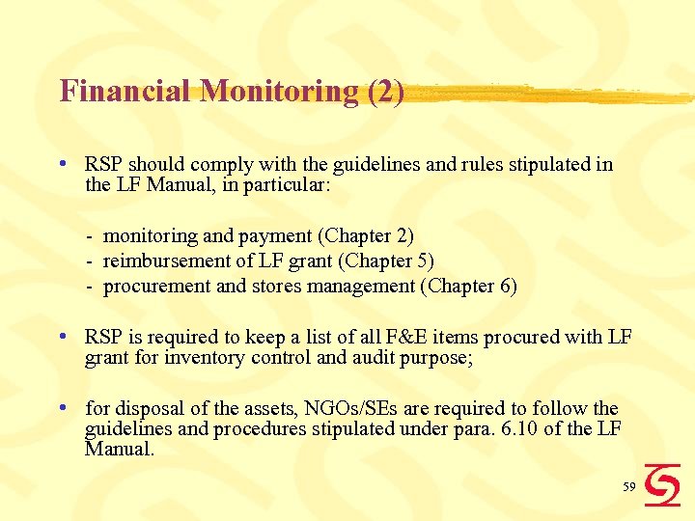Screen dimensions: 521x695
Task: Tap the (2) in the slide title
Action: coord(385,92)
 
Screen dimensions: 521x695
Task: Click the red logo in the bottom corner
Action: coord(662,484)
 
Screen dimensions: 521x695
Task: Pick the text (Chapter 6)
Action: coord(472,286)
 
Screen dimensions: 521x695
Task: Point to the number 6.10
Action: coord(519,427)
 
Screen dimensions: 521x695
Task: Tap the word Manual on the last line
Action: coord(120,448)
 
